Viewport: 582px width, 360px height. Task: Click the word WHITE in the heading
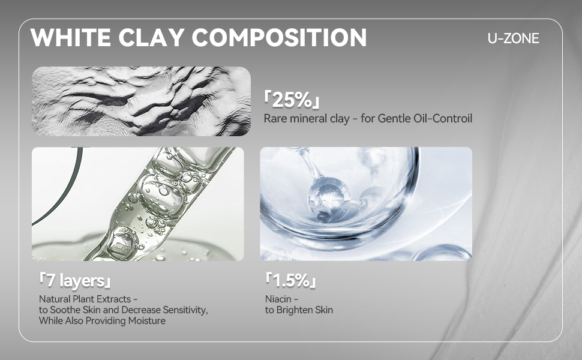(71, 37)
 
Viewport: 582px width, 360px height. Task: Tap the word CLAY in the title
(151, 37)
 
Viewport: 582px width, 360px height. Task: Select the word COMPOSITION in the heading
(279, 37)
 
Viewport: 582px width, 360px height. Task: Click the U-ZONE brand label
(514, 38)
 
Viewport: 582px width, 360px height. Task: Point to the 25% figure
(292, 100)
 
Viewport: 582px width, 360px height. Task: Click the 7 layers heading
(75, 281)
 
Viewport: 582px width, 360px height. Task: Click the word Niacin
(278, 299)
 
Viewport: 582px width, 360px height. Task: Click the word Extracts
(113, 299)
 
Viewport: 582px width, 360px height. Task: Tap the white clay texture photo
(141, 101)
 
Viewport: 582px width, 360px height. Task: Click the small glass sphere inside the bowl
(329, 198)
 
